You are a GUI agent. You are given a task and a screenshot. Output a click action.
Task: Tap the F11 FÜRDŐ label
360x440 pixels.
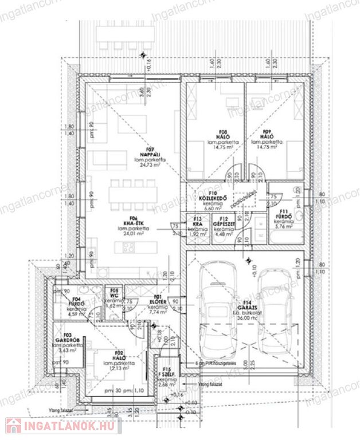click(x=285, y=217)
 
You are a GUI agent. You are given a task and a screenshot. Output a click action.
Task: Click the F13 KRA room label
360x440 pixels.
click(x=198, y=221)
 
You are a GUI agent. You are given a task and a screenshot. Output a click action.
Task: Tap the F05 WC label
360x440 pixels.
click(x=115, y=294)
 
